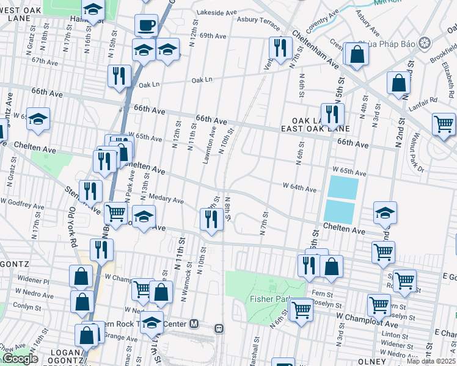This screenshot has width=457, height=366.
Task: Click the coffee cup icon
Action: pyautogui.click(x=146, y=25)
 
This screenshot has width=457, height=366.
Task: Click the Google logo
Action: pyautogui.click(x=20, y=359)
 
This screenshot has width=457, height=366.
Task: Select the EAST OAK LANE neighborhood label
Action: pyautogui.click(x=315, y=129)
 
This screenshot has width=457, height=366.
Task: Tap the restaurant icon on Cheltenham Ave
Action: pyautogui.click(x=280, y=48)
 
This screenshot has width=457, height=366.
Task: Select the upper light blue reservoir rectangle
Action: pyautogui.click(x=343, y=187)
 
